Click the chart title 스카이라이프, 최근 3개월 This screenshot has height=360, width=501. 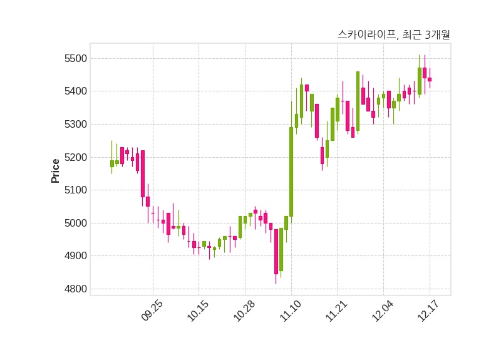pyautogui.click(x=393, y=35)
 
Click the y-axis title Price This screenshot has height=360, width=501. pyautogui.click(x=56, y=170)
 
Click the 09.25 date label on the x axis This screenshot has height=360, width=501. pyautogui.click(x=153, y=311)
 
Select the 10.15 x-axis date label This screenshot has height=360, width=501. pyautogui.click(x=199, y=311)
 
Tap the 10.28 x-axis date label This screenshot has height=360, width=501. pyautogui.click(x=245, y=311)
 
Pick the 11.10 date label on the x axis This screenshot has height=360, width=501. pyautogui.click(x=291, y=311)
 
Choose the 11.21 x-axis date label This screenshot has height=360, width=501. pyautogui.click(x=337, y=311)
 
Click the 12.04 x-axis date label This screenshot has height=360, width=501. pyautogui.click(x=383, y=311)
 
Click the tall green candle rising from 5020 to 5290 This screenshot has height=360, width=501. pyautogui.click(x=291, y=172)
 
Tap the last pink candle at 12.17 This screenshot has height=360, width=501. pyautogui.click(x=430, y=80)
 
